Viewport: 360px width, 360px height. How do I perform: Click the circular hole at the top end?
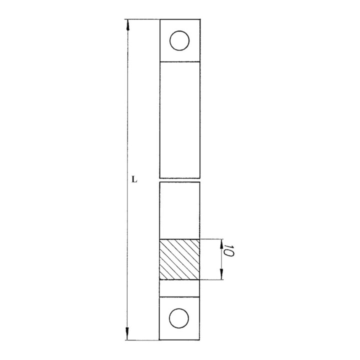179,40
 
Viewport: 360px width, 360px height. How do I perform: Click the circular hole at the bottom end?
179,318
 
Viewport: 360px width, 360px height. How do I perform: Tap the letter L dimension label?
133,178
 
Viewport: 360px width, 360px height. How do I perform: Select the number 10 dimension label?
229,251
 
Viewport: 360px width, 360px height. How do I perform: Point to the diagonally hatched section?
179,259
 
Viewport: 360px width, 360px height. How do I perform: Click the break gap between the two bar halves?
179,180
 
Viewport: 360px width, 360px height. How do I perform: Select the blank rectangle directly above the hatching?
179,210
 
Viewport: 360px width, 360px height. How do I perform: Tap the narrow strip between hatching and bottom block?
179,288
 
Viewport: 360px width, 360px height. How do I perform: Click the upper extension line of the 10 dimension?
212,239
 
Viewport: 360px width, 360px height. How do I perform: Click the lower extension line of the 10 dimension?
212,280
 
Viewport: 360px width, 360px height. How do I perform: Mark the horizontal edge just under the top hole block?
179,61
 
